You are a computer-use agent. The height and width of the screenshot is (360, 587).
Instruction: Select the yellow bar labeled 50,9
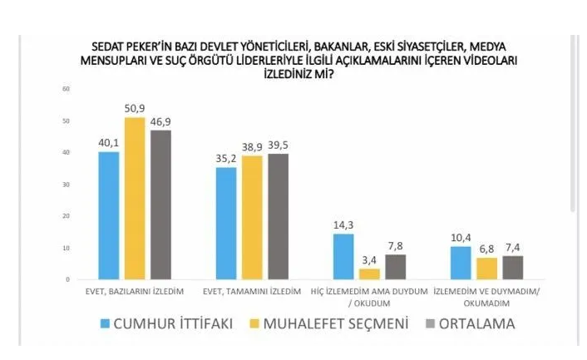click(135, 199)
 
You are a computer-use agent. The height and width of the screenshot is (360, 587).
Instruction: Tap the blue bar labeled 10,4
click(461, 263)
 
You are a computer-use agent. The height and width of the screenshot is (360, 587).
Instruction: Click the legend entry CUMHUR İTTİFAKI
click(163, 323)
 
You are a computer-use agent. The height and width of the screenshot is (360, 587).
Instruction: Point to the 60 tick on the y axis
click(66, 89)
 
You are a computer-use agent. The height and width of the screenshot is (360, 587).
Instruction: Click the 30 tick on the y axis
click(66, 185)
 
